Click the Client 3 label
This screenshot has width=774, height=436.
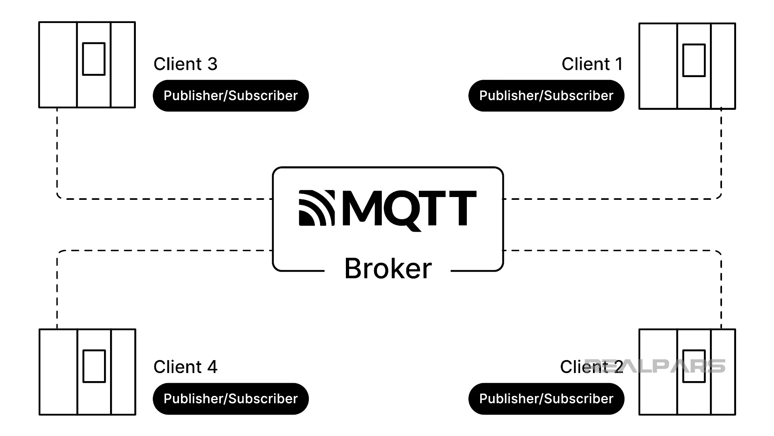click(185, 64)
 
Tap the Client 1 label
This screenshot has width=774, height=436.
click(592, 64)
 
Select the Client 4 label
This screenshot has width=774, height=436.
click(185, 367)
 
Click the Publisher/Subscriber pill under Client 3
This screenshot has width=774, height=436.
click(231, 96)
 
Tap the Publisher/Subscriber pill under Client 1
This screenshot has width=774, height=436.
click(546, 96)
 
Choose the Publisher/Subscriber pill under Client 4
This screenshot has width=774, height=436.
click(231, 399)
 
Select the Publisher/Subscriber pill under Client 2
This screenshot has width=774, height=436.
click(546, 399)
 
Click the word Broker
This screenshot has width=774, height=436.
click(388, 268)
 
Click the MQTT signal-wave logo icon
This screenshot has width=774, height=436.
click(316, 208)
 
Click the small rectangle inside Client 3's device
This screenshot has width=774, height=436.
click(94, 59)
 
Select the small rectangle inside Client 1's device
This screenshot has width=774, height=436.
click(694, 61)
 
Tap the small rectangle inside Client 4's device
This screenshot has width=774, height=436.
click(94, 366)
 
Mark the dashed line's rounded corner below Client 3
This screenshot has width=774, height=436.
click(59, 197)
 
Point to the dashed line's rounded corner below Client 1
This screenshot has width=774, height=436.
click(719, 197)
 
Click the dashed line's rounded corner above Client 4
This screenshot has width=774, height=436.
click(59, 253)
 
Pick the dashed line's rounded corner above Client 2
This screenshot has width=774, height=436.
click(719, 253)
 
